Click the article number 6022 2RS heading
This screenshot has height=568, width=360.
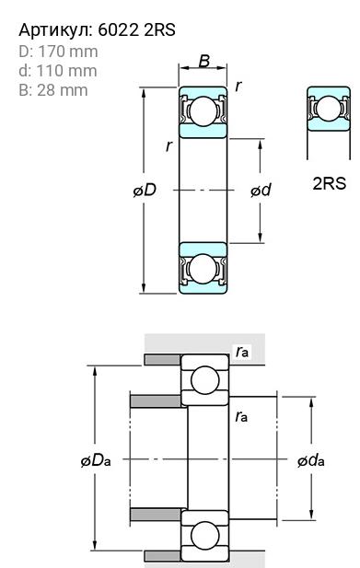click(x=97, y=29)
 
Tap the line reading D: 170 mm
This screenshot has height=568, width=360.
click(x=58, y=52)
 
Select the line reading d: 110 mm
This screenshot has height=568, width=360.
click(x=58, y=71)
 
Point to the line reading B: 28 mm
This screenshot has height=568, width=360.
click(x=53, y=90)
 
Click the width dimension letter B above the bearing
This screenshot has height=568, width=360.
click(x=204, y=61)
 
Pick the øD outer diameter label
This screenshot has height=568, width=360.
click(x=145, y=190)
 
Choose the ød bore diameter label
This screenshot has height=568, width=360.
click(x=261, y=190)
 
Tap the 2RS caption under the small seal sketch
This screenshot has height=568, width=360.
click(x=330, y=184)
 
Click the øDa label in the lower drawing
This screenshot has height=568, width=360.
click(x=96, y=461)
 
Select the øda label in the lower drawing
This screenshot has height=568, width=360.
click(x=311, y=461)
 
